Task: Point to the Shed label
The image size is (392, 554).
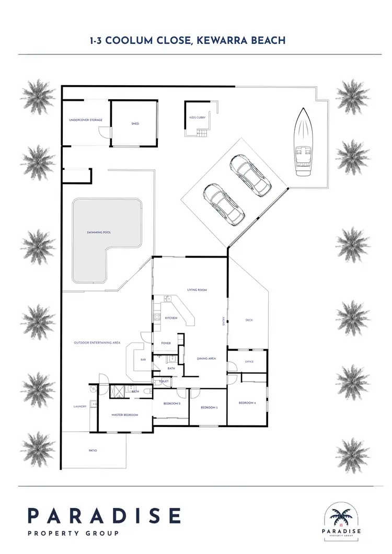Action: coord(135,124)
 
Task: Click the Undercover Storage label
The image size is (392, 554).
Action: coord(86,120)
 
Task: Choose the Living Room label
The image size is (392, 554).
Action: coord(198,290)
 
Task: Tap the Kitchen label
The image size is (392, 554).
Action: coord(171,318)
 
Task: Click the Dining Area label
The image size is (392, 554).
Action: coord(206,359)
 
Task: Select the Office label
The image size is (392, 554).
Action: coord(249,362)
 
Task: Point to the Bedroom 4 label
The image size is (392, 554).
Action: coord(247,403)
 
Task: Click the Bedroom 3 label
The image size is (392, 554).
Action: coord(209,407)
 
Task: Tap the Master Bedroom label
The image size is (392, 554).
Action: coord(125,414)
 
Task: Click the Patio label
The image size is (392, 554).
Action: coord(93,450)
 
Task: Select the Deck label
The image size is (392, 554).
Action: coord(249,320)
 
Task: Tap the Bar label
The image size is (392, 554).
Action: coord(143,360)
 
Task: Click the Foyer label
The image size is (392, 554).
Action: coord(166,343)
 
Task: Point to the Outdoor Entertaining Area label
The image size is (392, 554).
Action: coord(97,343)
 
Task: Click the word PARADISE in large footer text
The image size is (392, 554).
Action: coord(104,516)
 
